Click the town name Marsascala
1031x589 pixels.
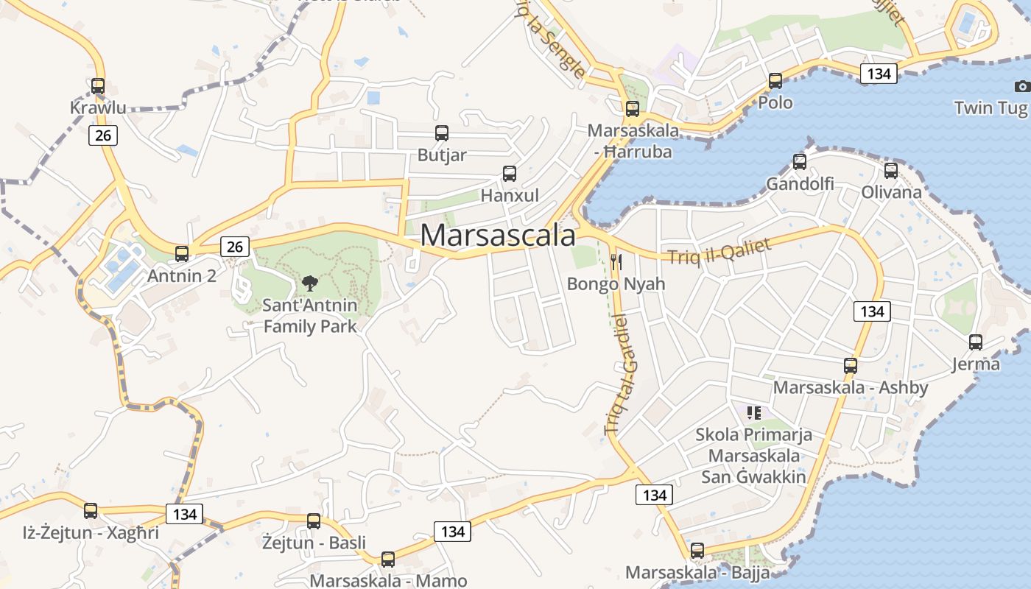(x=498, y=236)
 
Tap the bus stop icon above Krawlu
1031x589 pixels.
(x=98, y=86)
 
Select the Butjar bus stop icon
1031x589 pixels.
(x=442, y=133)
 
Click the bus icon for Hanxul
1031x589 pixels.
(x=509, y=174)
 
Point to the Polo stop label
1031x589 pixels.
(x=775, y=102)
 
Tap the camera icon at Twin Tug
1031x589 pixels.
(x=1021, y=86)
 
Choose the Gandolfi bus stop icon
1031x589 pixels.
(x=800, y=162)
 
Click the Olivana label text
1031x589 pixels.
(x=891, y=192)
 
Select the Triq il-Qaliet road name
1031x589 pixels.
(x=719, y=252)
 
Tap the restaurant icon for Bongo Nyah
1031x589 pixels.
(x=616, y=261)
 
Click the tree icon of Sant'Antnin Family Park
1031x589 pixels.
(x=310, y=283)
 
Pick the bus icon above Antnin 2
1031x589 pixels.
(x=182, y=254)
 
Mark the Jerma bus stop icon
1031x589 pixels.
(x=976, y=342)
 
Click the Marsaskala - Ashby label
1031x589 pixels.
(x=850, y=387)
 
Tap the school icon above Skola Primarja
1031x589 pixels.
(x=753, y=412)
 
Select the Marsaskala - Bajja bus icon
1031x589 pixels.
(x=697, y=550)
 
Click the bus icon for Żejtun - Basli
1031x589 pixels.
(x=314, y=521)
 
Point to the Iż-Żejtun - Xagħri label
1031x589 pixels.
(x=91, y=532)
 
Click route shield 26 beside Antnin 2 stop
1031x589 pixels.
(x=235, y=247)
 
